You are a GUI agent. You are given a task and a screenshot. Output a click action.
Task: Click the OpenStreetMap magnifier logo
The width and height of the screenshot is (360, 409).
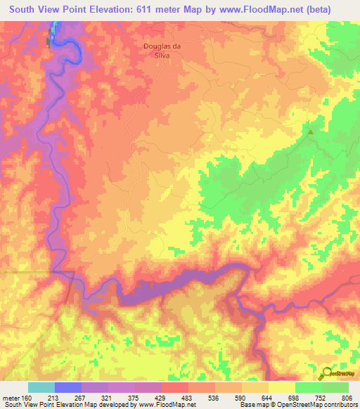click(x=327, y=372)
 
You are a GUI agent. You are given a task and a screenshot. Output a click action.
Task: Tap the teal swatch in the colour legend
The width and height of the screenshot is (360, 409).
click(x=41, y=387)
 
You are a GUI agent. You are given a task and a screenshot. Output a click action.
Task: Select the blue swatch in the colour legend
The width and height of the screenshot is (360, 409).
click(x=67, y=387)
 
